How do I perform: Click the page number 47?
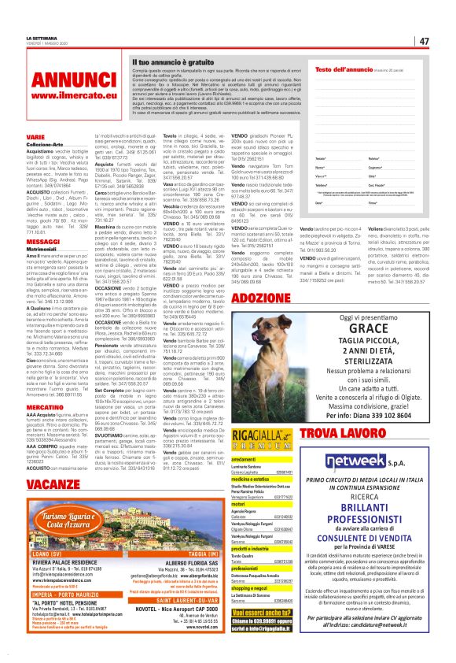(424, 40)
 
